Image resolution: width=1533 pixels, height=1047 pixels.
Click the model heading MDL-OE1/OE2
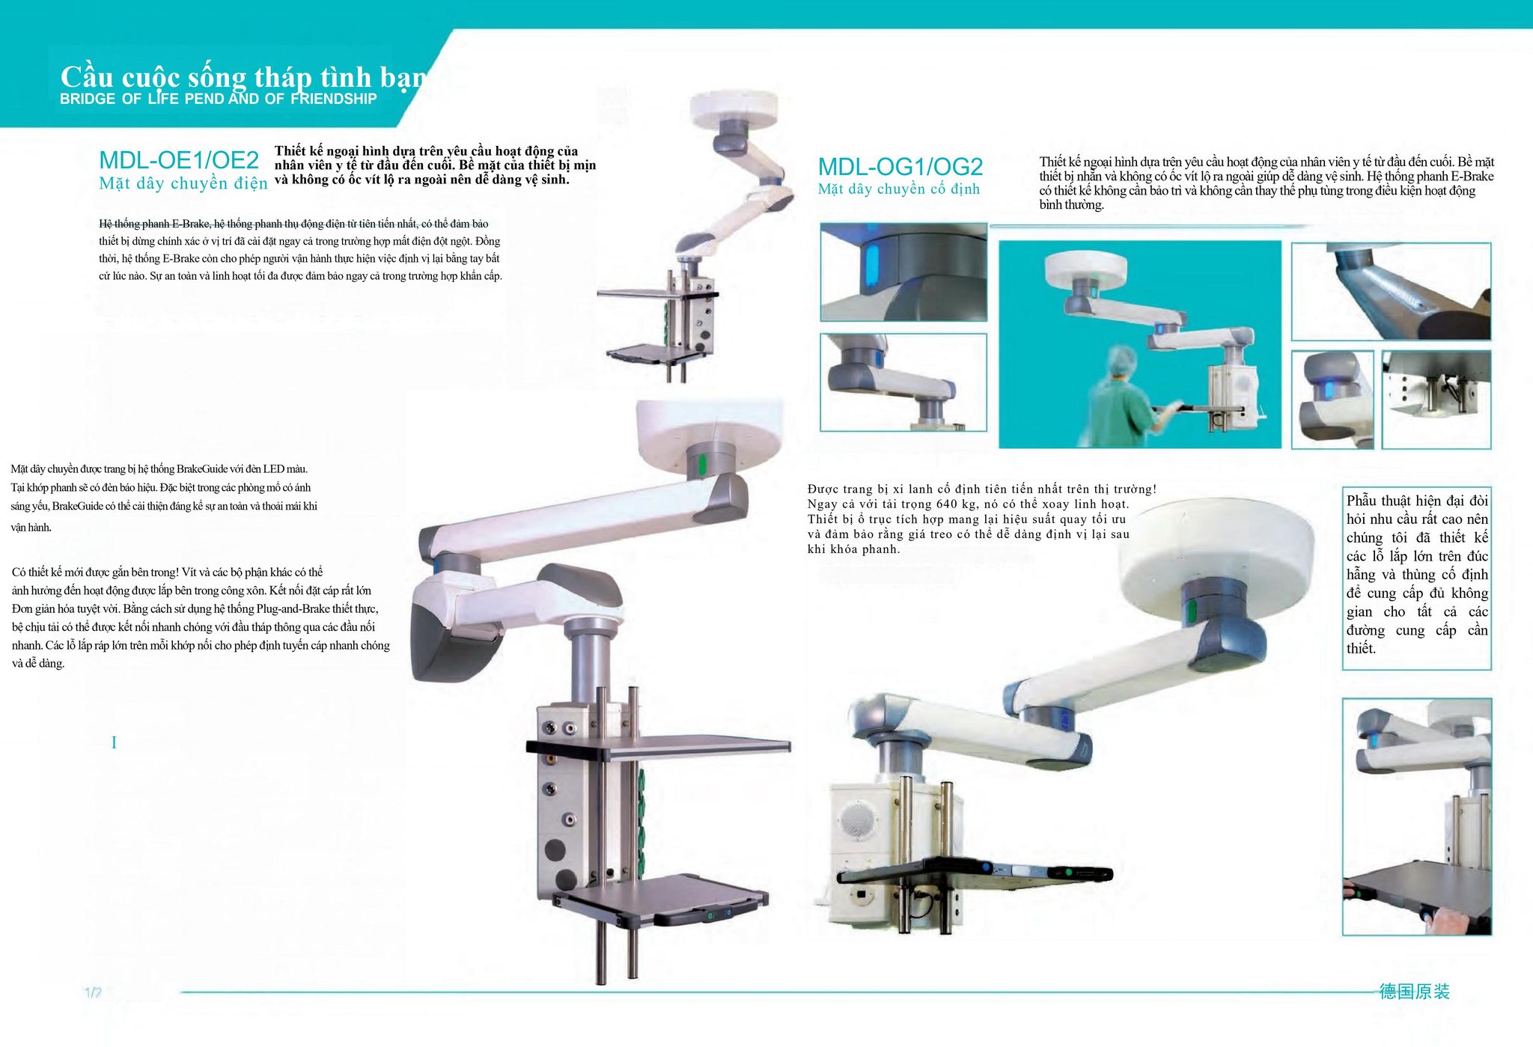(179, 160)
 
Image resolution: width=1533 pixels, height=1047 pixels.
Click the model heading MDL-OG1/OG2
(900, 166)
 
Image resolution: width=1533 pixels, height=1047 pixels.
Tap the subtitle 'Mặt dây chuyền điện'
(183, 183)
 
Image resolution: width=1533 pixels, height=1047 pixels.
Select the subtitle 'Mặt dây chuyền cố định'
(898, 189)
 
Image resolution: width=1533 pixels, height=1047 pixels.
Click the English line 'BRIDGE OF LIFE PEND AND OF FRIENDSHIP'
(219, 99)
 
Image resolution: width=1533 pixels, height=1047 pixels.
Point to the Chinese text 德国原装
(1415, 992)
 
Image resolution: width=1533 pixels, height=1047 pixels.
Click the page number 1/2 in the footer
(93, 993)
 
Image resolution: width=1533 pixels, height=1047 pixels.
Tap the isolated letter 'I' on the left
(114, 742)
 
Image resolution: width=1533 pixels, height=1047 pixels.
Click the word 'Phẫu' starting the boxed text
(1363, 501)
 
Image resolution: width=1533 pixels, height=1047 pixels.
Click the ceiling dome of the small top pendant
(734, 109)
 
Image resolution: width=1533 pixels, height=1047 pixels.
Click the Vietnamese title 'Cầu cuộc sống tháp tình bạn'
(243, 77)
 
